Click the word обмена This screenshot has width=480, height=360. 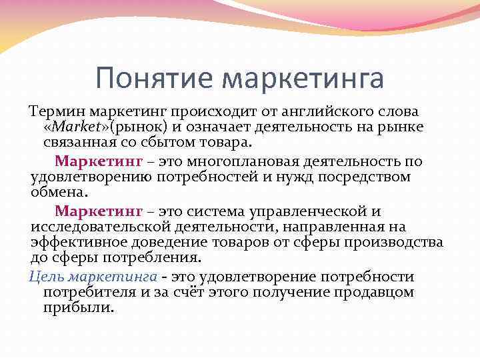[59, 193]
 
